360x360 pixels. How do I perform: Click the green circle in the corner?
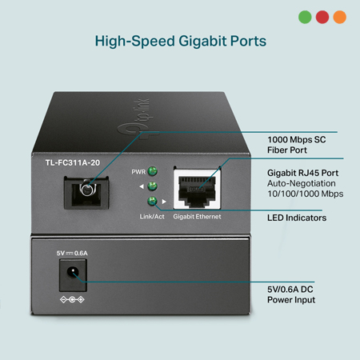[305, 17]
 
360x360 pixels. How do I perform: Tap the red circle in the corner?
[322, 17]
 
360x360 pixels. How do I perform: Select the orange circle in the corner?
[340, 17]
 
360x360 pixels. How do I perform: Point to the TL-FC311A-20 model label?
[73, 162]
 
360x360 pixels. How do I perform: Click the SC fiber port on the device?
[86, 192]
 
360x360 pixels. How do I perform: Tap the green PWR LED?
[152, 171]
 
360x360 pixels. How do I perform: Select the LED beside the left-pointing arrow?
[152, 186]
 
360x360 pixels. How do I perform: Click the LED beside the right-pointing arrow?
[152, 201]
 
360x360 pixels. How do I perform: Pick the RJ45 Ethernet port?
[197, 189]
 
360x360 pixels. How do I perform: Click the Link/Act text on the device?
[152, 217]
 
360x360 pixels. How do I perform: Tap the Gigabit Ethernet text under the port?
[197, 217]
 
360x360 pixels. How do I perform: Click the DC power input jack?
[73, 275]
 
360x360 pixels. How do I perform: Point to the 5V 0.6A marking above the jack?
[72, 253]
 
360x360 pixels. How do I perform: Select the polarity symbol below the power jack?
[72, 300]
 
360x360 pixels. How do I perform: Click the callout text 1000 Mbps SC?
[297, 140]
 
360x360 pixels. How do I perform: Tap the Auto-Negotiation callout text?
[302, 183]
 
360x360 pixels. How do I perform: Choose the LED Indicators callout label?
[297, 218]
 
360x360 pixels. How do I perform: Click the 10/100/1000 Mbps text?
[306, 194]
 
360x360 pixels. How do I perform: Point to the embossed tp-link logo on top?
[134, 118]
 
